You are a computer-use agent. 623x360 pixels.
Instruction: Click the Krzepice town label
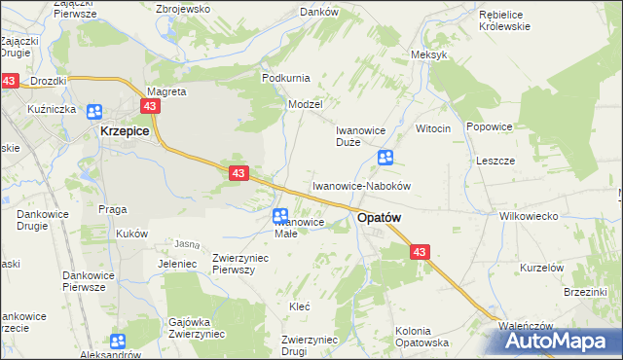point(125,130)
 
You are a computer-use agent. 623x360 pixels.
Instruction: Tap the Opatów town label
point(381,220)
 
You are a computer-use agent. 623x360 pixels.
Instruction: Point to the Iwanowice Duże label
point(361,135)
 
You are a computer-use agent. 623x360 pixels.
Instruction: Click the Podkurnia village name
point(285,77)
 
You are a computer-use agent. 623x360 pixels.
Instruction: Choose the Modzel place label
point(304,103)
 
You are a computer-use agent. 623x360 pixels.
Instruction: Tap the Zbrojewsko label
point(183,9)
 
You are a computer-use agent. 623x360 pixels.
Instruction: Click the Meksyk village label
point(429,54)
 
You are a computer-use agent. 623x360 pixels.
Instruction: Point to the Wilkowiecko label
point(527,216)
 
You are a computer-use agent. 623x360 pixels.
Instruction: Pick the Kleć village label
point(300,306)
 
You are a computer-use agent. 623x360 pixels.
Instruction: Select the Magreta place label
point(165,91)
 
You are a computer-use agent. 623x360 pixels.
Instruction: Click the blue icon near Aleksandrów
point(118,342)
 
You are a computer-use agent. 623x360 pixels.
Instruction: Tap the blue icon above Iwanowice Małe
point(280,216)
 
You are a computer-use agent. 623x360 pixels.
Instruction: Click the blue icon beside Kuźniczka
point(94,112)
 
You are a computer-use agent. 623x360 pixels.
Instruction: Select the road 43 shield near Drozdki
point(9,82)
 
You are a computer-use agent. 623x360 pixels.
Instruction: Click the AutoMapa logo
point(563,341)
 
